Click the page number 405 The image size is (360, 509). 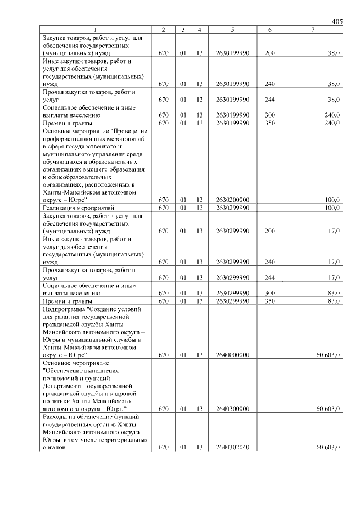pyautogui.click(x=337, y=21)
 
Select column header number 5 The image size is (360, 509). pyautogui.click(x=232, y=29)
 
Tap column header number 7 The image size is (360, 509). pyautogui.click(x=313, y=29)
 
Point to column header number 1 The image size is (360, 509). pyautogui.click(x=96, y=29)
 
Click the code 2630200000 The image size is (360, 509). pyautogui.click(x=232, y=200)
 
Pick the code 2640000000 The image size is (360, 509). pyautogui.click(x=232, y=355)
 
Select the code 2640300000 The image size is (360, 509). pyautogui.click(x=232, y=409)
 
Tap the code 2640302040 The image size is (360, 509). pyautogui.click(x=232, y=448)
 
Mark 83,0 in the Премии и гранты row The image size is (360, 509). pyautogui.click(x=334, y=301)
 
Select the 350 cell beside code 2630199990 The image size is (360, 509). pyautogui.click(x=269, y=122)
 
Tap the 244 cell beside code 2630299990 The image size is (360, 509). pyautogui.click(x=269, y=277)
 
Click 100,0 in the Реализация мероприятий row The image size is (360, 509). pyautogui.click(x=332, y=208)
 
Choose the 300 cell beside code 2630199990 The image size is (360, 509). pyautogui.click(x=269, y=114)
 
